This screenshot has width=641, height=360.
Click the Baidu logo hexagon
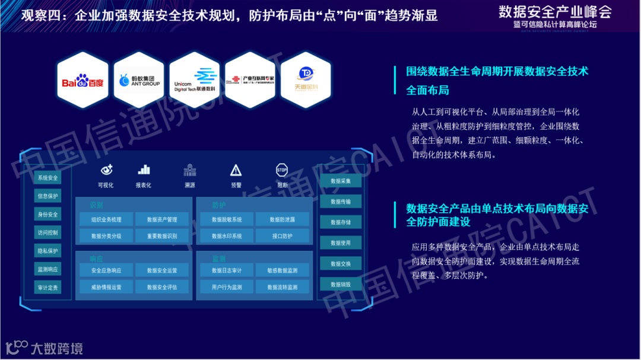tap(83, 80)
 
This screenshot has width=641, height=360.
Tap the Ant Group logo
tap(139, 80)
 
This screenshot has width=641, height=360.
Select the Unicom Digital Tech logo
tap(195, 80)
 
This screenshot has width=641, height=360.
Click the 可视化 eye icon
tap(106, 170)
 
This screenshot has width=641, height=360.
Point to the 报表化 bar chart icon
tap(144, 170)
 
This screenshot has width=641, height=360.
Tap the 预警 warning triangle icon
tap(236, 171)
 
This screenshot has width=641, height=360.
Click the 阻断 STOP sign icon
tap(282, 170)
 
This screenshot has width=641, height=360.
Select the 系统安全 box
tap(47, 178)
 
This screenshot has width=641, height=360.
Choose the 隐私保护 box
tap(47, 251)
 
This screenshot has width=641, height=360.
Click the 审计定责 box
tap(47, 288)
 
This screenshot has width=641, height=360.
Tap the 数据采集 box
tap(341, 181)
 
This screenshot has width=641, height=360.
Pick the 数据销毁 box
tap(341, 284)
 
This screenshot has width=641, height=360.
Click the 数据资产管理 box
tap(162, 219)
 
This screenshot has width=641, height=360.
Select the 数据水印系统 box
tap(227, 236)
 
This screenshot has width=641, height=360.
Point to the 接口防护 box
tap(282, 236)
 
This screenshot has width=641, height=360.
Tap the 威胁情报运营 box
tap(106, 287)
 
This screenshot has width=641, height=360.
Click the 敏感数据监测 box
tap(282, 270)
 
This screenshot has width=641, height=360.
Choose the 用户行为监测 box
tap(227, 287)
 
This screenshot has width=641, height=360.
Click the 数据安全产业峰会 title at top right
tap(554, 11)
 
